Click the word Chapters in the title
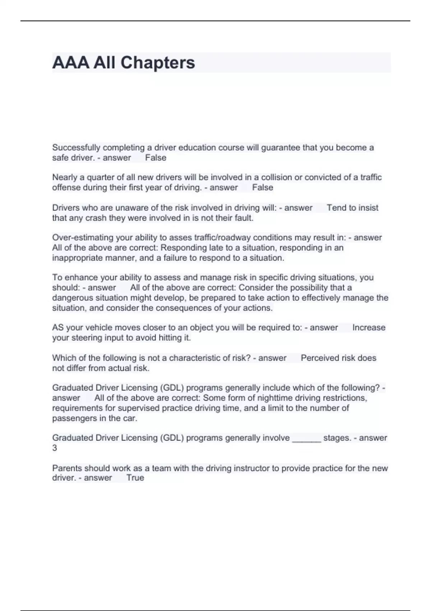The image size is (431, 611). pos(158,63)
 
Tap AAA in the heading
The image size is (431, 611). pos(70,63)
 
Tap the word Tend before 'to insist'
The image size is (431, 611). pos(335,208)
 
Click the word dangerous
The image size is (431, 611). pos(72,298)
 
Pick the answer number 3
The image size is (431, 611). pos(55,448)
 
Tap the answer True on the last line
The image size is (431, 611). pos(135,478)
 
